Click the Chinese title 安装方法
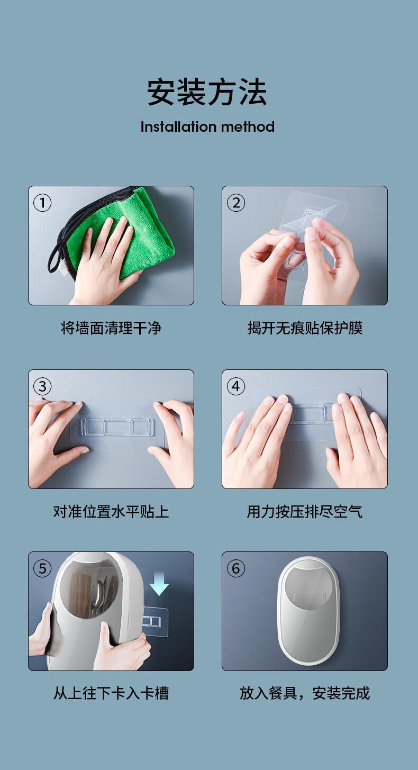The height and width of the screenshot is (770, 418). [207, 92]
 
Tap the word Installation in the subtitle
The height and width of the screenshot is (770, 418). [179, 127]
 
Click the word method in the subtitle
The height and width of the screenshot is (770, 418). [248, 127]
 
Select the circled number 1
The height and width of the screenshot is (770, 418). [42, 203]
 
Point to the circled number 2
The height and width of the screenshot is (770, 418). [236, 203]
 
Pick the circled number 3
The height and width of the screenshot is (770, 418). [42, 386]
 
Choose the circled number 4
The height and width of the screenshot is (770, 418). [236, 386]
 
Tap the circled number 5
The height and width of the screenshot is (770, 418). [42, 568]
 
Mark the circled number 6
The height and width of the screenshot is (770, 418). [236, 568]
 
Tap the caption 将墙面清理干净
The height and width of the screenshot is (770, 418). [111, 328]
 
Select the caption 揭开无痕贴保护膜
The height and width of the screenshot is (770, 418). [305, 328]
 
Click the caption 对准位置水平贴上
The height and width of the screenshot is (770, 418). [111, 512]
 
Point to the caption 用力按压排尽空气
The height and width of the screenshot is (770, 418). [305, 512]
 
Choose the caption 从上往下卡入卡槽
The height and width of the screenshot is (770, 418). [111, 693]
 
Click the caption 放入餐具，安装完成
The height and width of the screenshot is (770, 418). [305, 693]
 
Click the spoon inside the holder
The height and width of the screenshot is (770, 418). [98, 596]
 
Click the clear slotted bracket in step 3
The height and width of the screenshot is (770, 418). [117, 427]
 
